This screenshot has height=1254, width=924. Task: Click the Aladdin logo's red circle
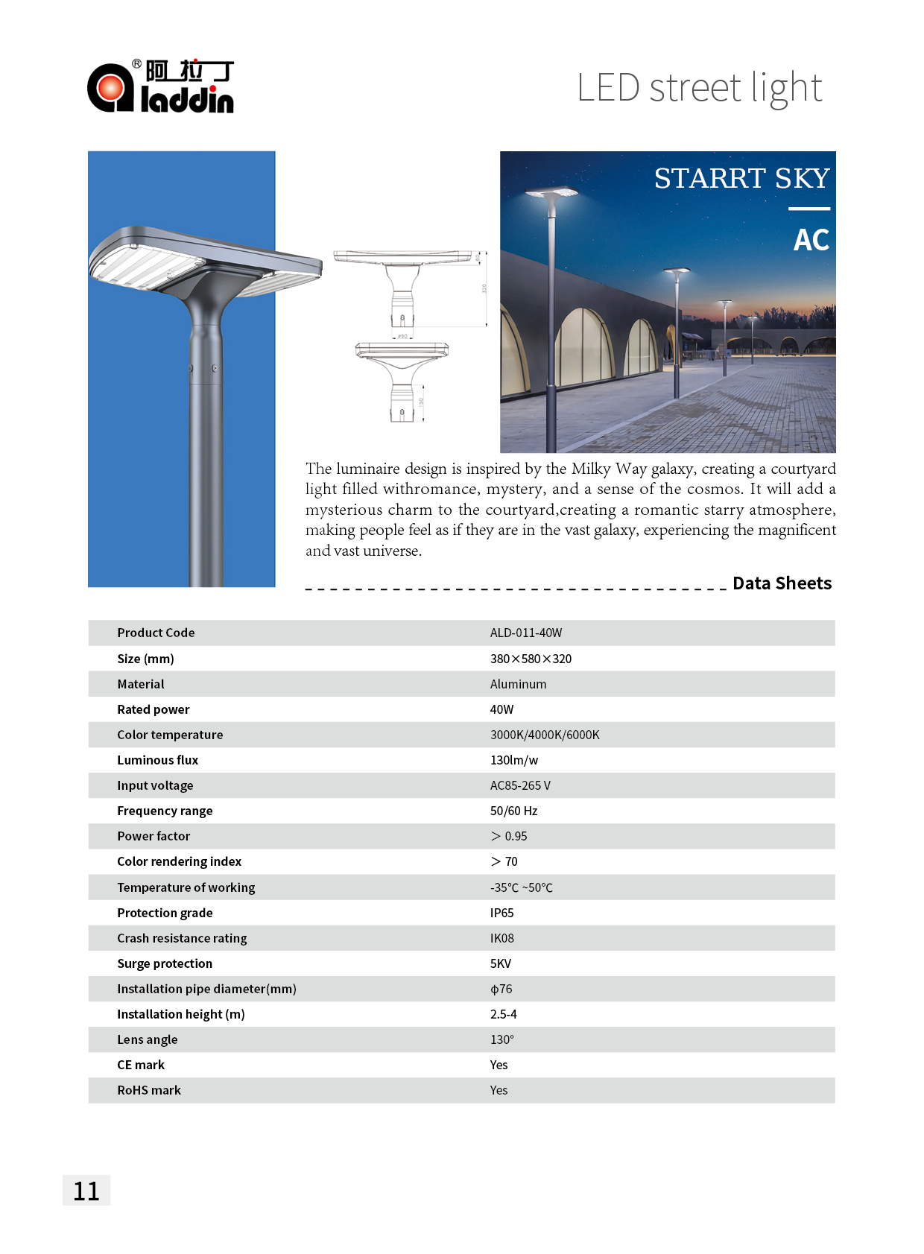click(111, 88)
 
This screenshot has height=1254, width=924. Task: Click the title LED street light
click(699, 88)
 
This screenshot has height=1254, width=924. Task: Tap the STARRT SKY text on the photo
click(741, 178)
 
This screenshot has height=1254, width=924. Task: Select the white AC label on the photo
click(811, 240)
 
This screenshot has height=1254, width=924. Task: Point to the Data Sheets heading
click(782, 583)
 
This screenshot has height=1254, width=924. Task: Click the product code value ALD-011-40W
click(526, 633)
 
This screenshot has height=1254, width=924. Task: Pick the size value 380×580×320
click(531, 659)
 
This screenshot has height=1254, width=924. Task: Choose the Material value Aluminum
click(518, 684)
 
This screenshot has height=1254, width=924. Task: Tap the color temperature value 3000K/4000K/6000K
click(545, 735)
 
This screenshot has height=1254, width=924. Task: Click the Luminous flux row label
click(157, 760)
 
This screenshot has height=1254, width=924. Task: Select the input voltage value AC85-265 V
click(520, 785)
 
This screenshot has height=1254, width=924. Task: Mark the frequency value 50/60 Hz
click(513, 811)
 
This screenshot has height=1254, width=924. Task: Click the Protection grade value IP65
click(501, 913)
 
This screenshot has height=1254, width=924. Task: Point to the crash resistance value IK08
click(501, 938)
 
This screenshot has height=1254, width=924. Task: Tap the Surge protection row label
click(165, 963)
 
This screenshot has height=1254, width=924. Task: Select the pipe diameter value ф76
click(501, 989)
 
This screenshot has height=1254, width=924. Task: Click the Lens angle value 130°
click(501, 1039)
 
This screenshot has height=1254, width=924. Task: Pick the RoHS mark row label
click(149, 1090)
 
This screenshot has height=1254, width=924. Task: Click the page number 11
click(86, 1191)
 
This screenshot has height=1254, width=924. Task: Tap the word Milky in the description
click(591, 469)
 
